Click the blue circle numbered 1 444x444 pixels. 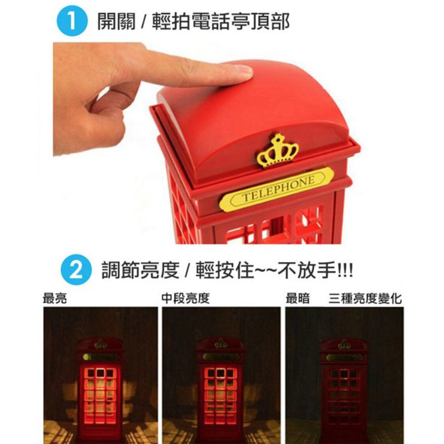pos(72,21)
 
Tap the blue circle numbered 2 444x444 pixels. pos(76,270)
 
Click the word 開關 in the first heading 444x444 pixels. pos(116,22)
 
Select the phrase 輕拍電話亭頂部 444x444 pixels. pos(221,22)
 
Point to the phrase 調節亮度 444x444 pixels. pos(140,270)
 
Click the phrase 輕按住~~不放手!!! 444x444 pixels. pos(274,270)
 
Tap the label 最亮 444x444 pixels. pos(54,298)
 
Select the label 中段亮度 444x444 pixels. pos(185,298)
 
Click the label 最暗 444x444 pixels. pos(298,298)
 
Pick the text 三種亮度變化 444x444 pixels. pos(365,298)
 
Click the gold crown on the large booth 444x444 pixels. pos(277,150)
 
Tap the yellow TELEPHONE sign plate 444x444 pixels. pos(276,189)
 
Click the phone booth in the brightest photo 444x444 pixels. pos(100,391)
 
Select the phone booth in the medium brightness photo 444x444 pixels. pos(221,391)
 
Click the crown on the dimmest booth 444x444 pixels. pos(344,344)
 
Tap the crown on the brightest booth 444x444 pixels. pos(101,344)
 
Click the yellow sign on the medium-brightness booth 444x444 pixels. pos(221,356)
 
